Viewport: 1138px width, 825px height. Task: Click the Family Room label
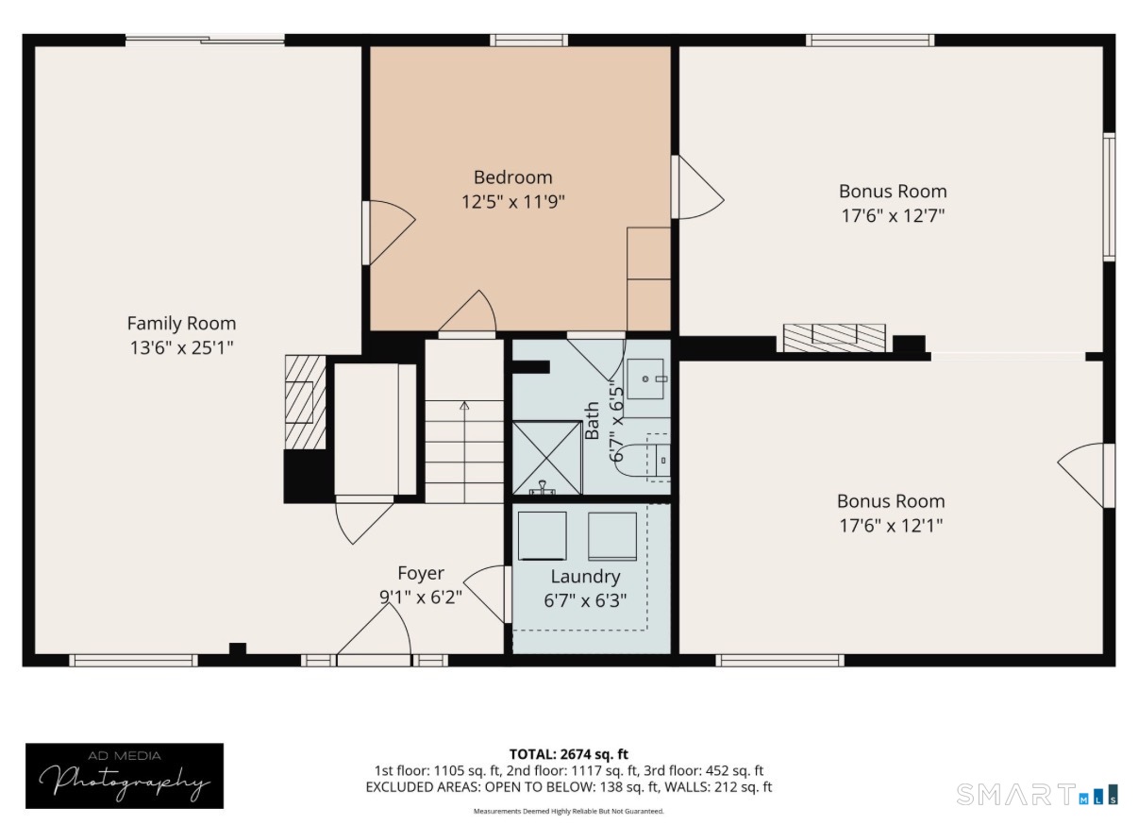181,323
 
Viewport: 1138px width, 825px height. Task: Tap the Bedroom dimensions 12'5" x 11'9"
512,202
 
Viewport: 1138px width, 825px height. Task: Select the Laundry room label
585,577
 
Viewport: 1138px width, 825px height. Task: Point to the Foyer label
421,573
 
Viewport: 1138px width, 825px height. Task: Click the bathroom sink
645,379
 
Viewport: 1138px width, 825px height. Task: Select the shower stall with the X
546,458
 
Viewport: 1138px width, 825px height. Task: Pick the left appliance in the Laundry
542,536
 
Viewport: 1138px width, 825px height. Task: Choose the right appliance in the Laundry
612,536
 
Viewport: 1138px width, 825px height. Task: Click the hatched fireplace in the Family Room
306,402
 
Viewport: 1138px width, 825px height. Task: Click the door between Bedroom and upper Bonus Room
697,187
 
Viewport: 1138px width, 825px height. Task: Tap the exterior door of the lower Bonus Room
1086,476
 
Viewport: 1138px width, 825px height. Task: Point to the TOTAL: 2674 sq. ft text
568,754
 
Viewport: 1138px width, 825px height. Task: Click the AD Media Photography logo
125,776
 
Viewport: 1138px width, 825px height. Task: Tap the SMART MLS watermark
1036,794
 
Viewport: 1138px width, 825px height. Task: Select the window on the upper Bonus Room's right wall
1110,196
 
